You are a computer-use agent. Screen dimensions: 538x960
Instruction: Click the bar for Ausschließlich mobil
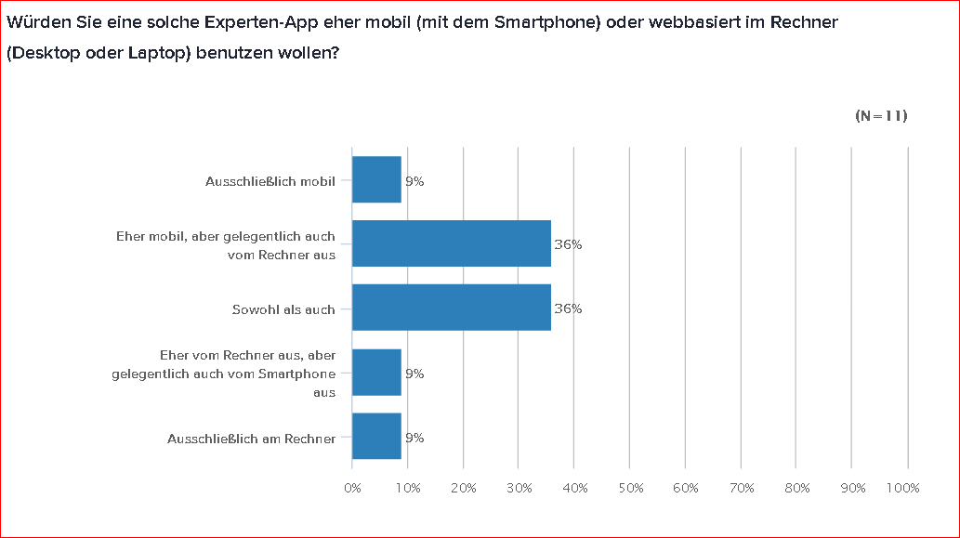click(x=376, y=179)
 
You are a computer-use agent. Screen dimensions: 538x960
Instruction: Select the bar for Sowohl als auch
click(x=452, y=308)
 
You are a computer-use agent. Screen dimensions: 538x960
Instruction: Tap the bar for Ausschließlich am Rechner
click(x=376, y=437)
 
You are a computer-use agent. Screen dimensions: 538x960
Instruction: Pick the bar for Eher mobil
click(x=452, y=243)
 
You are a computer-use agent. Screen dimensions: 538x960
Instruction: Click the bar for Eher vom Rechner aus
click(x=376, y=373)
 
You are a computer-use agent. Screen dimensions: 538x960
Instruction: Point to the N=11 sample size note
click(x=880, y=116)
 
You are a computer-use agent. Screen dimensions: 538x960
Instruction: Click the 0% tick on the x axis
click(x=352, y=488)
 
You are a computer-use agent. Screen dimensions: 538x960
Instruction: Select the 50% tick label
click(x=630, y=488)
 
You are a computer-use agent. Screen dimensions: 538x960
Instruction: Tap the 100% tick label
click(x=903, y=488)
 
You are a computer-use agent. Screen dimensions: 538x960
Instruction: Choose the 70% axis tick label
click(x=742, y=488)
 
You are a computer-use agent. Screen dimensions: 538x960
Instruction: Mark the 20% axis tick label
click(x=464, y=488)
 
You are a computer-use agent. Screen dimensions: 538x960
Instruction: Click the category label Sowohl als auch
click(x=283, y=309)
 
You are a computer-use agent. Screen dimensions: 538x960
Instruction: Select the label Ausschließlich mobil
click(x=270, y=181)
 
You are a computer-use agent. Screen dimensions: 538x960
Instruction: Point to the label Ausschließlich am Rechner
click(x=251, y=438)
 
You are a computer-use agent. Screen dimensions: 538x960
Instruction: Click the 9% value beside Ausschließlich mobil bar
click(x=414, y=181)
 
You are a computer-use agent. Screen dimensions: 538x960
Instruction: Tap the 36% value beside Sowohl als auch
click(x=568, y=309)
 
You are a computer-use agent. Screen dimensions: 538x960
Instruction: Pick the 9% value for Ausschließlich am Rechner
click(x=414, y=438)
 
